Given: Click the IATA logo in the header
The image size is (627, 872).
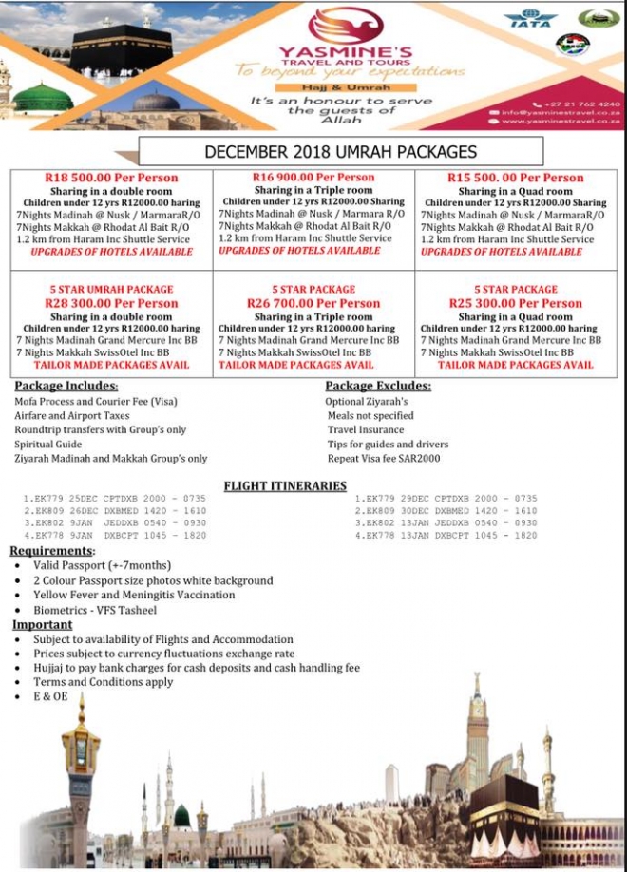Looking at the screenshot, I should click(530, 18).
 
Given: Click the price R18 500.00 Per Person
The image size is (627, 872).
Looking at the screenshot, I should click(111, 178).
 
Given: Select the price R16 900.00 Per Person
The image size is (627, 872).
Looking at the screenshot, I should click(314, 178).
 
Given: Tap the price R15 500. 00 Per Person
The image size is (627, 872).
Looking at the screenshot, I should click(515, 178).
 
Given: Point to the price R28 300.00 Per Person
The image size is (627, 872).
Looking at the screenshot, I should click(111, 303).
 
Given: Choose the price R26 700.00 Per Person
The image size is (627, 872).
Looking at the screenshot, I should click(313, 303).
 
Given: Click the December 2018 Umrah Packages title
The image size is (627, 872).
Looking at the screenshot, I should click(340, 152).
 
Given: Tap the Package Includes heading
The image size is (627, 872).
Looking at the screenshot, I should click(66, 386).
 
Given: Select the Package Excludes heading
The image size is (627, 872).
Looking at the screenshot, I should click(377, 386).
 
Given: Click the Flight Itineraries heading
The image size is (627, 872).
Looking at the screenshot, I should click(285, 486).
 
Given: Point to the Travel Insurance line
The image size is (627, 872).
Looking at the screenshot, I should click(366, 430).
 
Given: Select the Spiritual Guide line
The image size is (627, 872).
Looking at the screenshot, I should click(47, 445).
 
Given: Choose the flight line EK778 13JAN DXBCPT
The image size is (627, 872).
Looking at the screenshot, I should click(446, 536).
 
